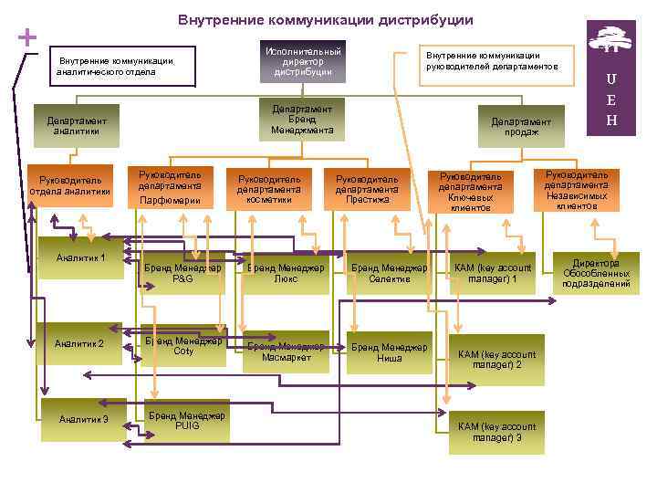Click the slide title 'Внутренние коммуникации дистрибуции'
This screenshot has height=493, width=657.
[325, 19]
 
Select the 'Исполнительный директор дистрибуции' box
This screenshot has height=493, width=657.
[301, 60]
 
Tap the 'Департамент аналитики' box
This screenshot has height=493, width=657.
[77, 126]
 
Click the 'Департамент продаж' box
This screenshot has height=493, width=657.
[521, 127]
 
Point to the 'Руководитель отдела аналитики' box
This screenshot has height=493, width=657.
[70, 185]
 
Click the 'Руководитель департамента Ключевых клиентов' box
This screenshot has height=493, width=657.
[470, 191]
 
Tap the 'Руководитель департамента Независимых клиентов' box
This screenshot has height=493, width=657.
[576, 189]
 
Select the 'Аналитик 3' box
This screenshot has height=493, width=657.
[83, 419]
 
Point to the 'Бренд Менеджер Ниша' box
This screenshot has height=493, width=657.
[390, 352]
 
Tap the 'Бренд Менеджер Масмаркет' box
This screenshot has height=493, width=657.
[286, 351]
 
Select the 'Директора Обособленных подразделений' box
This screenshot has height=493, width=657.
[596, 272]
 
